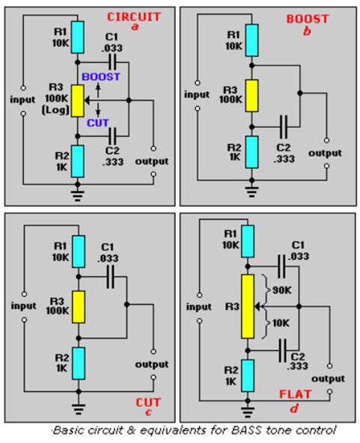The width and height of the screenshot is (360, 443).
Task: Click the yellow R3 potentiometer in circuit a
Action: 77,100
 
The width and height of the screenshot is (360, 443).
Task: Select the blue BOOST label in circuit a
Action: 100,77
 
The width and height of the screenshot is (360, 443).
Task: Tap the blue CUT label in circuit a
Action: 97,123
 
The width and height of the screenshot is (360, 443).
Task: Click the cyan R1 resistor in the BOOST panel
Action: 251,40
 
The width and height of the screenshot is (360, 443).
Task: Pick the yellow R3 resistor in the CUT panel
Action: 79,307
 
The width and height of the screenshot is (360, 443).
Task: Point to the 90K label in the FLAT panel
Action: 281,290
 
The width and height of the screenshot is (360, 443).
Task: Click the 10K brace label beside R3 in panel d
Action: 281,323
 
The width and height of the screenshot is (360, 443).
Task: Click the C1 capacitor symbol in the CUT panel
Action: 111,277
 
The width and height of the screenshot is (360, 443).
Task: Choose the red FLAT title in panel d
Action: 295,394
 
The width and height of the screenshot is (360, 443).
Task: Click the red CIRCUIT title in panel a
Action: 134,17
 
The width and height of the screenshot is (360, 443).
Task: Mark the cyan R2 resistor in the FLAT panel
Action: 248,376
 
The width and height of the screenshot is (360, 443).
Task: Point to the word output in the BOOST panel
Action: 325,153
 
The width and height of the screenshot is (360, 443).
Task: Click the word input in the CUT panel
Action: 23,306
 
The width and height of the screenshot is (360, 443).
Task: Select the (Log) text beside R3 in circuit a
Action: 55,109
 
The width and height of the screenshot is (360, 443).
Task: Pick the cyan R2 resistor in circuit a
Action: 77,162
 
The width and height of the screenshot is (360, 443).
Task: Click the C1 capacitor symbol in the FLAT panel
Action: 281,266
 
